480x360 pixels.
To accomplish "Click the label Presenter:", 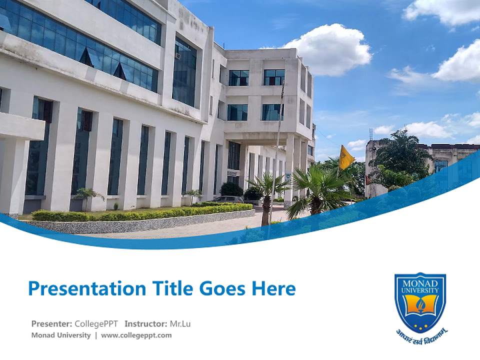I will click(x=51, y=323).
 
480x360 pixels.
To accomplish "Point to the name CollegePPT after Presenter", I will click(x=96, y=323).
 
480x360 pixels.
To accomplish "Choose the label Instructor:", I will click(x=145, y=323).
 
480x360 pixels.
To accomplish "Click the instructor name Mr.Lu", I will click(x=180, y=323).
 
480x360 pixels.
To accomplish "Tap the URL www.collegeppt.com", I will click(x=136, y=335).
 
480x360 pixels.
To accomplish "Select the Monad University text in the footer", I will click(x=61, y=335).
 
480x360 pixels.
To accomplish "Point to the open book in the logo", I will click(x=420, y=304).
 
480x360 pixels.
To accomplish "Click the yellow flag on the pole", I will click(x=345, y=157).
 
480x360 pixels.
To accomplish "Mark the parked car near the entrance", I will click(x=228, y=199).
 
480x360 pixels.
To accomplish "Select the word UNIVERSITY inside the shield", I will click(x=420, y=289).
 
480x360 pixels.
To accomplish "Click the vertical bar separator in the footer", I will click(x=96, y=335).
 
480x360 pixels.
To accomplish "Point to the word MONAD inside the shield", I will click(x=420, y=283).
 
